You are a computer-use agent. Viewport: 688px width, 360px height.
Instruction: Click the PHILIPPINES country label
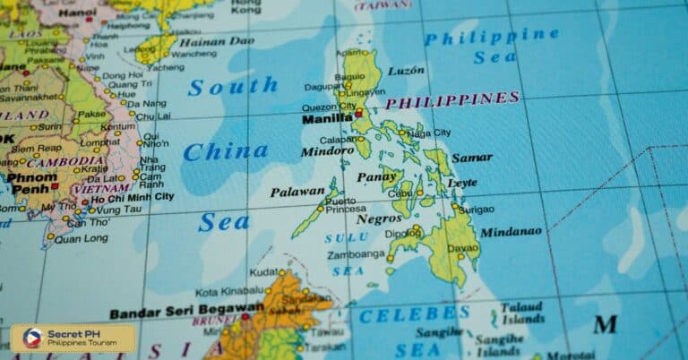tap(452, 99)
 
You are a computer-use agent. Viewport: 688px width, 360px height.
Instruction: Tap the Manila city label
tap(327, 118)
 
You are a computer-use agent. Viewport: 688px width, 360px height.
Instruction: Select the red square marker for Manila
tap(358, 114)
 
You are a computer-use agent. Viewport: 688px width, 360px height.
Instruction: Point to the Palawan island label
tap(297, 191)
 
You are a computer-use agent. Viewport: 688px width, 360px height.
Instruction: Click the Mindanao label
tap(511, 232)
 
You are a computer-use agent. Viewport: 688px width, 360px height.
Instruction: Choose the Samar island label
tap(471, 158)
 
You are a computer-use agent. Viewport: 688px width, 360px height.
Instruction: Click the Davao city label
tap(462, 247)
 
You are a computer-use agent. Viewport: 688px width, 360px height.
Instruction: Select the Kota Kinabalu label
tap(231, 292)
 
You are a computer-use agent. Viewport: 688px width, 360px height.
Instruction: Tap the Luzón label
tap(406, 70)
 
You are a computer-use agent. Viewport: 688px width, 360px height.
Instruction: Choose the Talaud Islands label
tap(522, 313)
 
